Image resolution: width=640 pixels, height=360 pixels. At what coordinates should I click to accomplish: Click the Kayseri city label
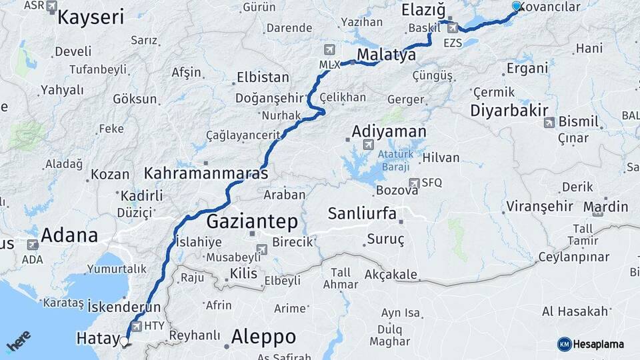(91, 17)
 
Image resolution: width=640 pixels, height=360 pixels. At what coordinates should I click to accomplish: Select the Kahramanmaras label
(206, 173)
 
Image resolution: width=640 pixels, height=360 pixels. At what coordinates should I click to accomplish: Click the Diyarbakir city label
(509, 111)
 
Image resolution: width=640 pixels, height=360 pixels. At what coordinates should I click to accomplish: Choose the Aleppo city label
(263, 337)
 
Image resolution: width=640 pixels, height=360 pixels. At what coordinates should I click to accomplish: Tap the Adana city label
(69, 235)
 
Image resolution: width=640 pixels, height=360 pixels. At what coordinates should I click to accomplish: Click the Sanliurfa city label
(362, 214)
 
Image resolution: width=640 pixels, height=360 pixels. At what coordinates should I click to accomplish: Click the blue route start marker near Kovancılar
(516, 6)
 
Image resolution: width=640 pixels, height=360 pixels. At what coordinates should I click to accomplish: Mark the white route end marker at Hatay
(125, 342)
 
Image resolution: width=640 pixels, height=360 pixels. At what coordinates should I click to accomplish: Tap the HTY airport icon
(137, 326)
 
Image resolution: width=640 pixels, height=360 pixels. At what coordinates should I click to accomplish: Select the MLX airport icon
(329, 50)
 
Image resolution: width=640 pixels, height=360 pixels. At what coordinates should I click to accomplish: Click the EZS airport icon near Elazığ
(453, 28)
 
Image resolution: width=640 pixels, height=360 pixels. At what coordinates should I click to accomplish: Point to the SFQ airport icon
(414, 182)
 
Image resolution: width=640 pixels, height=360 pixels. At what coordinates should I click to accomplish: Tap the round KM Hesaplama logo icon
(564, 344)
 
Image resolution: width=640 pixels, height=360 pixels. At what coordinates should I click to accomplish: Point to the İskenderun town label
(125, 307)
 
